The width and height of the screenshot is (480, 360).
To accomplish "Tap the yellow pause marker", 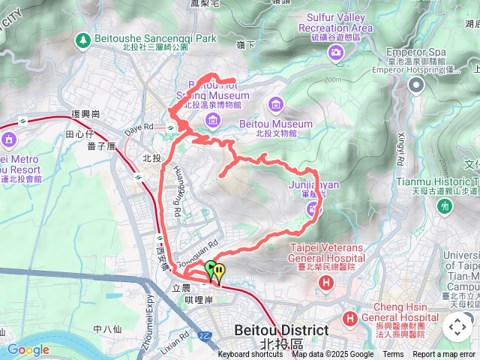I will pyautogui.click(x=219, y=271).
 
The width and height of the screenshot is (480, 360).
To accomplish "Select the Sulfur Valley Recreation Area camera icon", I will pyautogui.click(x=334, y=52).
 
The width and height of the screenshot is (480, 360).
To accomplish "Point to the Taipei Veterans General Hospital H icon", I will pyautogui.click(x=325, y=283).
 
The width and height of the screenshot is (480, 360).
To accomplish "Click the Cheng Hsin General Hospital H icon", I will pyautogui.click(x=350, y=319).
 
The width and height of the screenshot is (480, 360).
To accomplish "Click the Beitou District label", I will pyautogui.click(x=281, y=330).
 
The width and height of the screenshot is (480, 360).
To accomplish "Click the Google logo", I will pyautogui.click(x=28, y=349).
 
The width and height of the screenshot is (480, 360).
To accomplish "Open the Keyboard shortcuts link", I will pyautogui.click(x=250, y=355).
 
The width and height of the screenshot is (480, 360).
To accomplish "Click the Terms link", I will pyautogui.click(x=393, y=355).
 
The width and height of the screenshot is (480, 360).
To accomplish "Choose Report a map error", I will pyautogui.click(x=445, y=355).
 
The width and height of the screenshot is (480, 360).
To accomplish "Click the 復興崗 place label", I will pyautogui.click(x=85, y=114).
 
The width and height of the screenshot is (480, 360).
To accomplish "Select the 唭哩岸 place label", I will pyautogui.click(x=199, y=299).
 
